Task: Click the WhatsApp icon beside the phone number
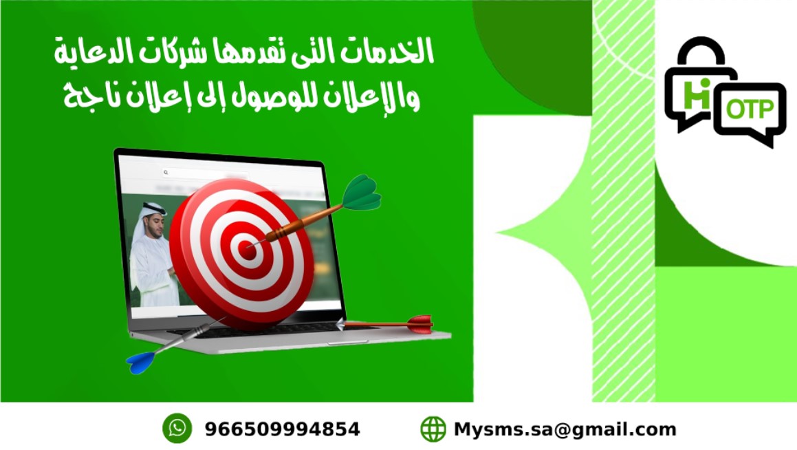coord(177,428)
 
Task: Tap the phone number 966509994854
coord(282,429)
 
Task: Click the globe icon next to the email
coord(433,429)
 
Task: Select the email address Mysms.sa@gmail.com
coord(565,429)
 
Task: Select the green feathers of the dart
coord(362,193)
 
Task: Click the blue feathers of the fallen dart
coord(140,362)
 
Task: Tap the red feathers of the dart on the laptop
coord(420,324)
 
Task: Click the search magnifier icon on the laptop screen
coord(166,173)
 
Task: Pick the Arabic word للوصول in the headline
coord(269,96)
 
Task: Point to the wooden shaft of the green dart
coord(304,222)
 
